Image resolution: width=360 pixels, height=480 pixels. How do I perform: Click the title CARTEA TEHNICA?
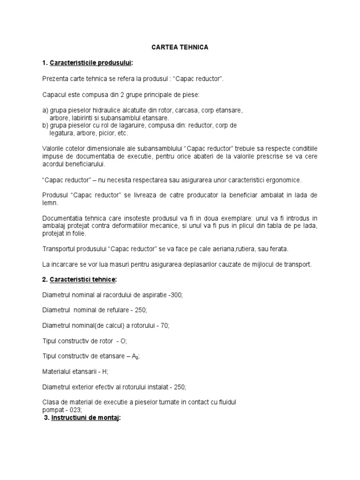(x=180, y=47)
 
